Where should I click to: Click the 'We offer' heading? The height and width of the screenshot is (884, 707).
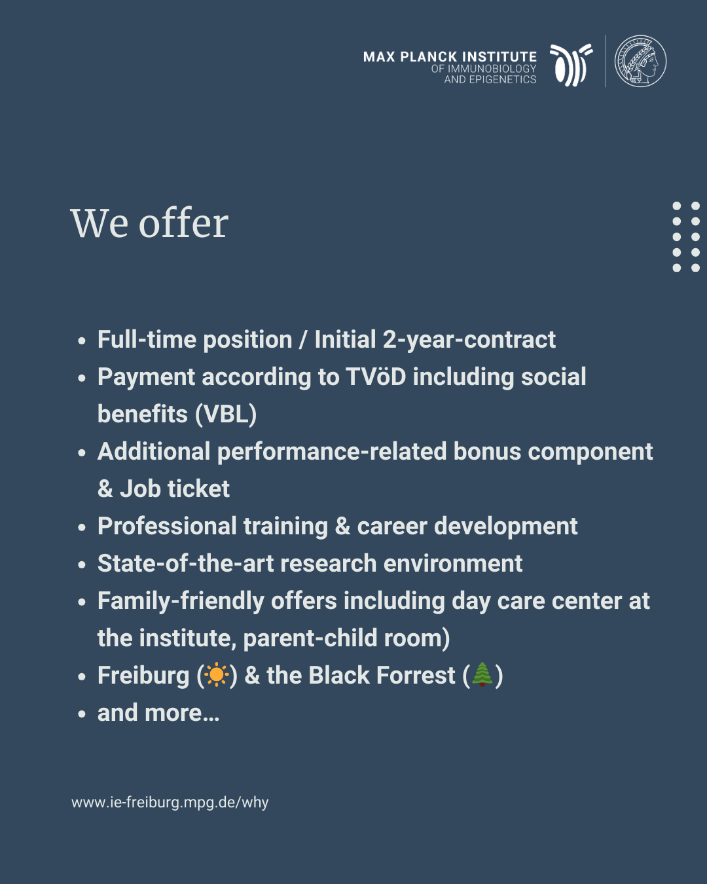point(149,223)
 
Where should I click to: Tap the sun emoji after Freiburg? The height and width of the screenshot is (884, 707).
point(217,675)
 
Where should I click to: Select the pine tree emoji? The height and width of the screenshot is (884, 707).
point(482,674)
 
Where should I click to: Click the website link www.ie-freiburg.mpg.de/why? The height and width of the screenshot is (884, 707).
point(170,802)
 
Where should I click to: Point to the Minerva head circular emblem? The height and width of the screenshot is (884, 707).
point(640,61)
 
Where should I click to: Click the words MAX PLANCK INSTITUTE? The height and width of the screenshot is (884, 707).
point(450,57)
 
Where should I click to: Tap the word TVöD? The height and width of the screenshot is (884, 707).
point(376,377)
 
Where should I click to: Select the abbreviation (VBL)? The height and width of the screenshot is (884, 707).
point(226,414)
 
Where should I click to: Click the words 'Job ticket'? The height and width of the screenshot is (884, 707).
point(175,488)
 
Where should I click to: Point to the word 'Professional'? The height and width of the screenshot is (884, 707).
point(167,526)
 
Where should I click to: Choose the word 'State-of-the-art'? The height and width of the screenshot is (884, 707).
point(186,563)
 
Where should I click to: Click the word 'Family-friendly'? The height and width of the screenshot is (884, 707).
point(181,601)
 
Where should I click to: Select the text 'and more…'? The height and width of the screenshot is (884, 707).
point(158,712)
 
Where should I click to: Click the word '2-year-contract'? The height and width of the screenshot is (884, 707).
point(469,340)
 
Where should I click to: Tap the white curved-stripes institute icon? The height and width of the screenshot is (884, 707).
point(571,65)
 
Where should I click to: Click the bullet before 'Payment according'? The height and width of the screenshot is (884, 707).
point(82,378)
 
